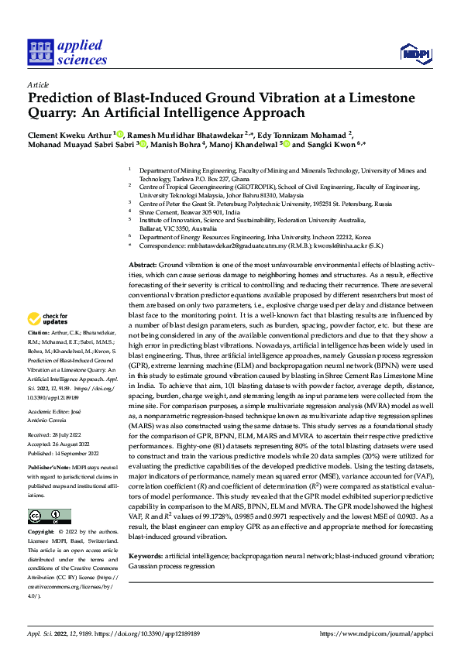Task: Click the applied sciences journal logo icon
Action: point(40,52)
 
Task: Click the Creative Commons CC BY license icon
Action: point(49,516)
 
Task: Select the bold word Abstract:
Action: point(145,266)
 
